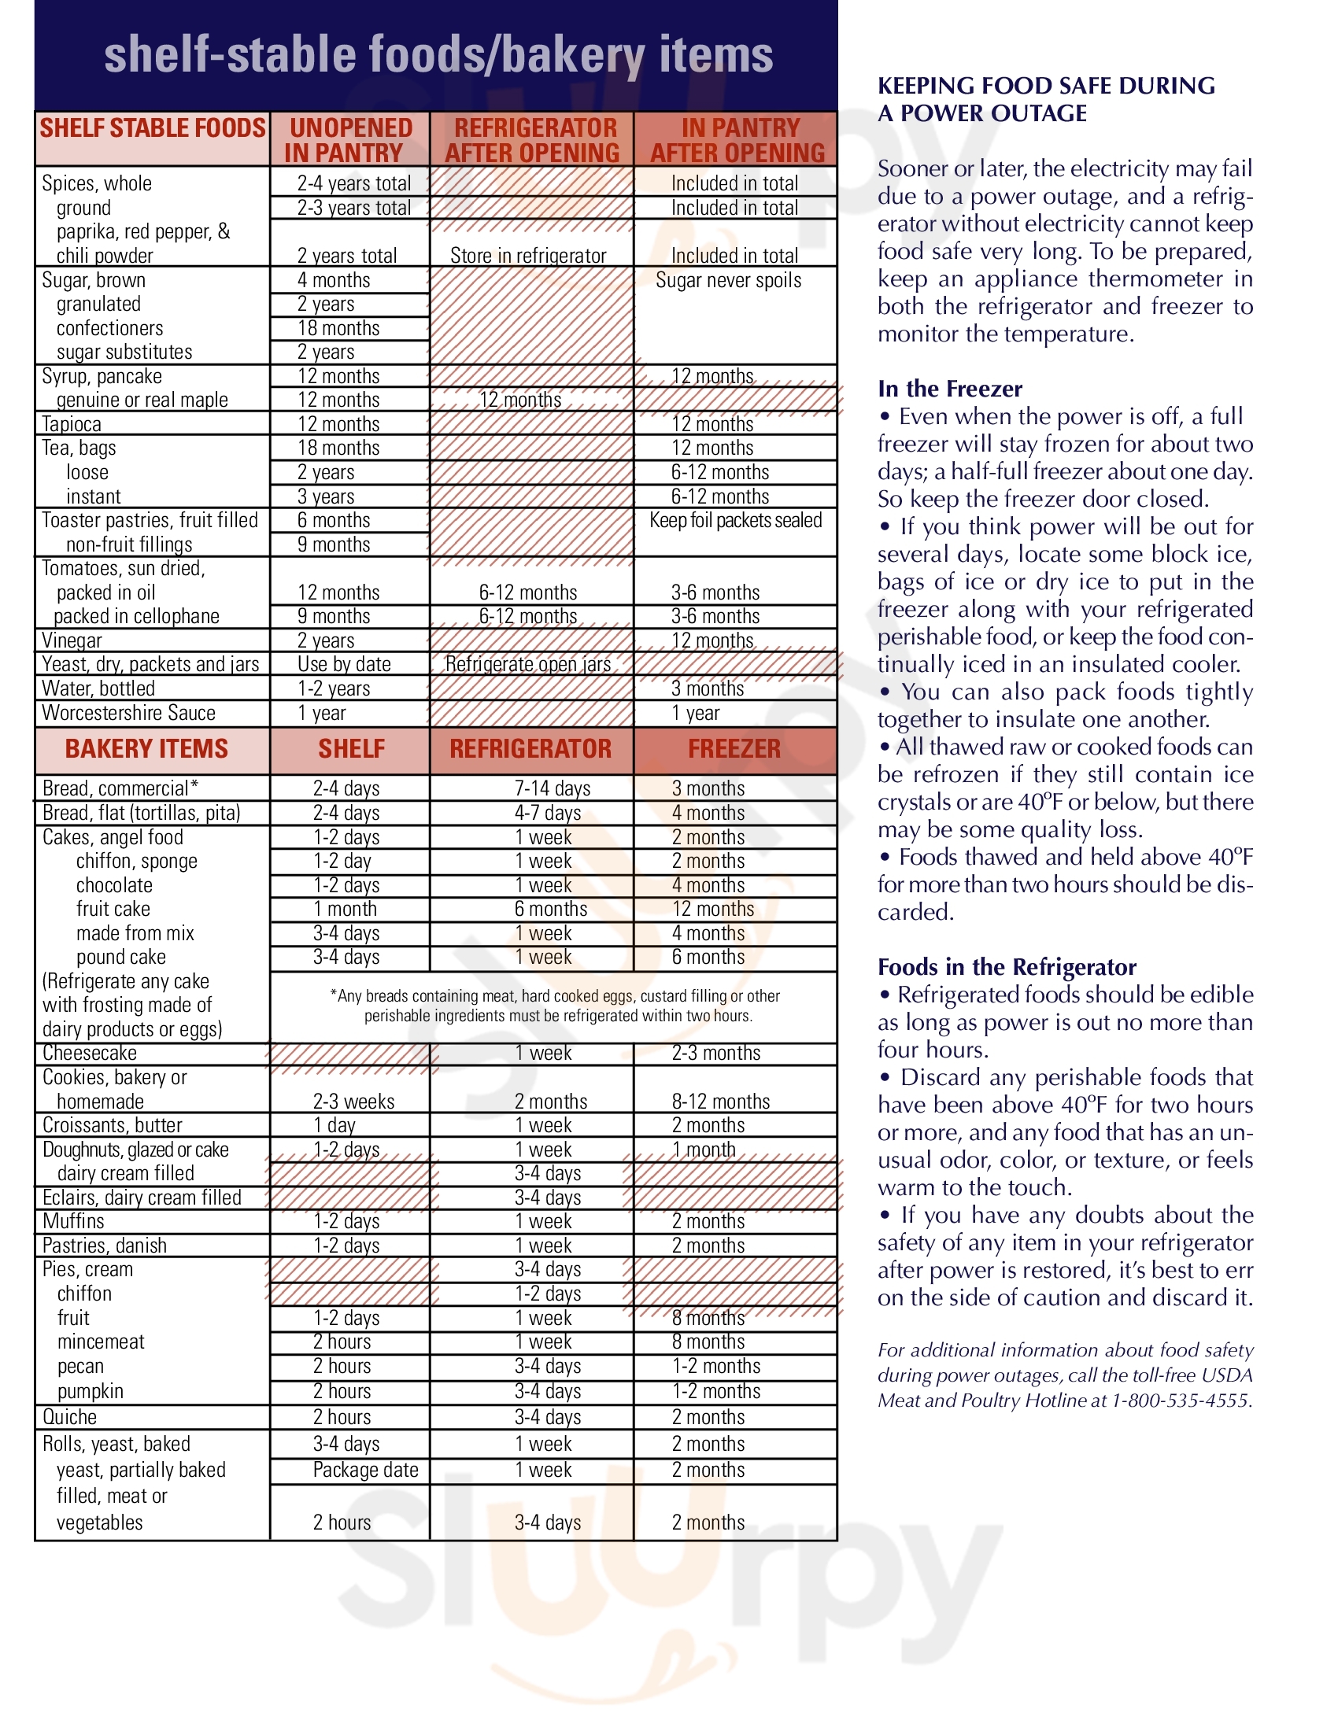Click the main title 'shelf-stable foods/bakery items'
tap(438, 55)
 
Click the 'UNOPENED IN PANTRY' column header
tap(350, 139)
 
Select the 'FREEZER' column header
tap(734, 749)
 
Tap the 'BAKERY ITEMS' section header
tap(146, 749)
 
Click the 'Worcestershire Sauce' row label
tap(128, 713)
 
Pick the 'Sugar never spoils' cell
tap(728, 281)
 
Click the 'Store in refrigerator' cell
tap(528, 256)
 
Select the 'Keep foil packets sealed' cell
tap(736, 521)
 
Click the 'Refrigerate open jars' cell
tap(528, 664)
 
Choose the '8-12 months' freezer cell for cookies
tap(720, 1102)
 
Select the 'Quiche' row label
tap(70, 1417)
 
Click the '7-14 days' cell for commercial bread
tap(553, 788)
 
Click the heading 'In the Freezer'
tap(950, 389)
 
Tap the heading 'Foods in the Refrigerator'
tap(1007, 967)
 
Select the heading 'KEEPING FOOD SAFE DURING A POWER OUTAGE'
tap(1046, 99)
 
